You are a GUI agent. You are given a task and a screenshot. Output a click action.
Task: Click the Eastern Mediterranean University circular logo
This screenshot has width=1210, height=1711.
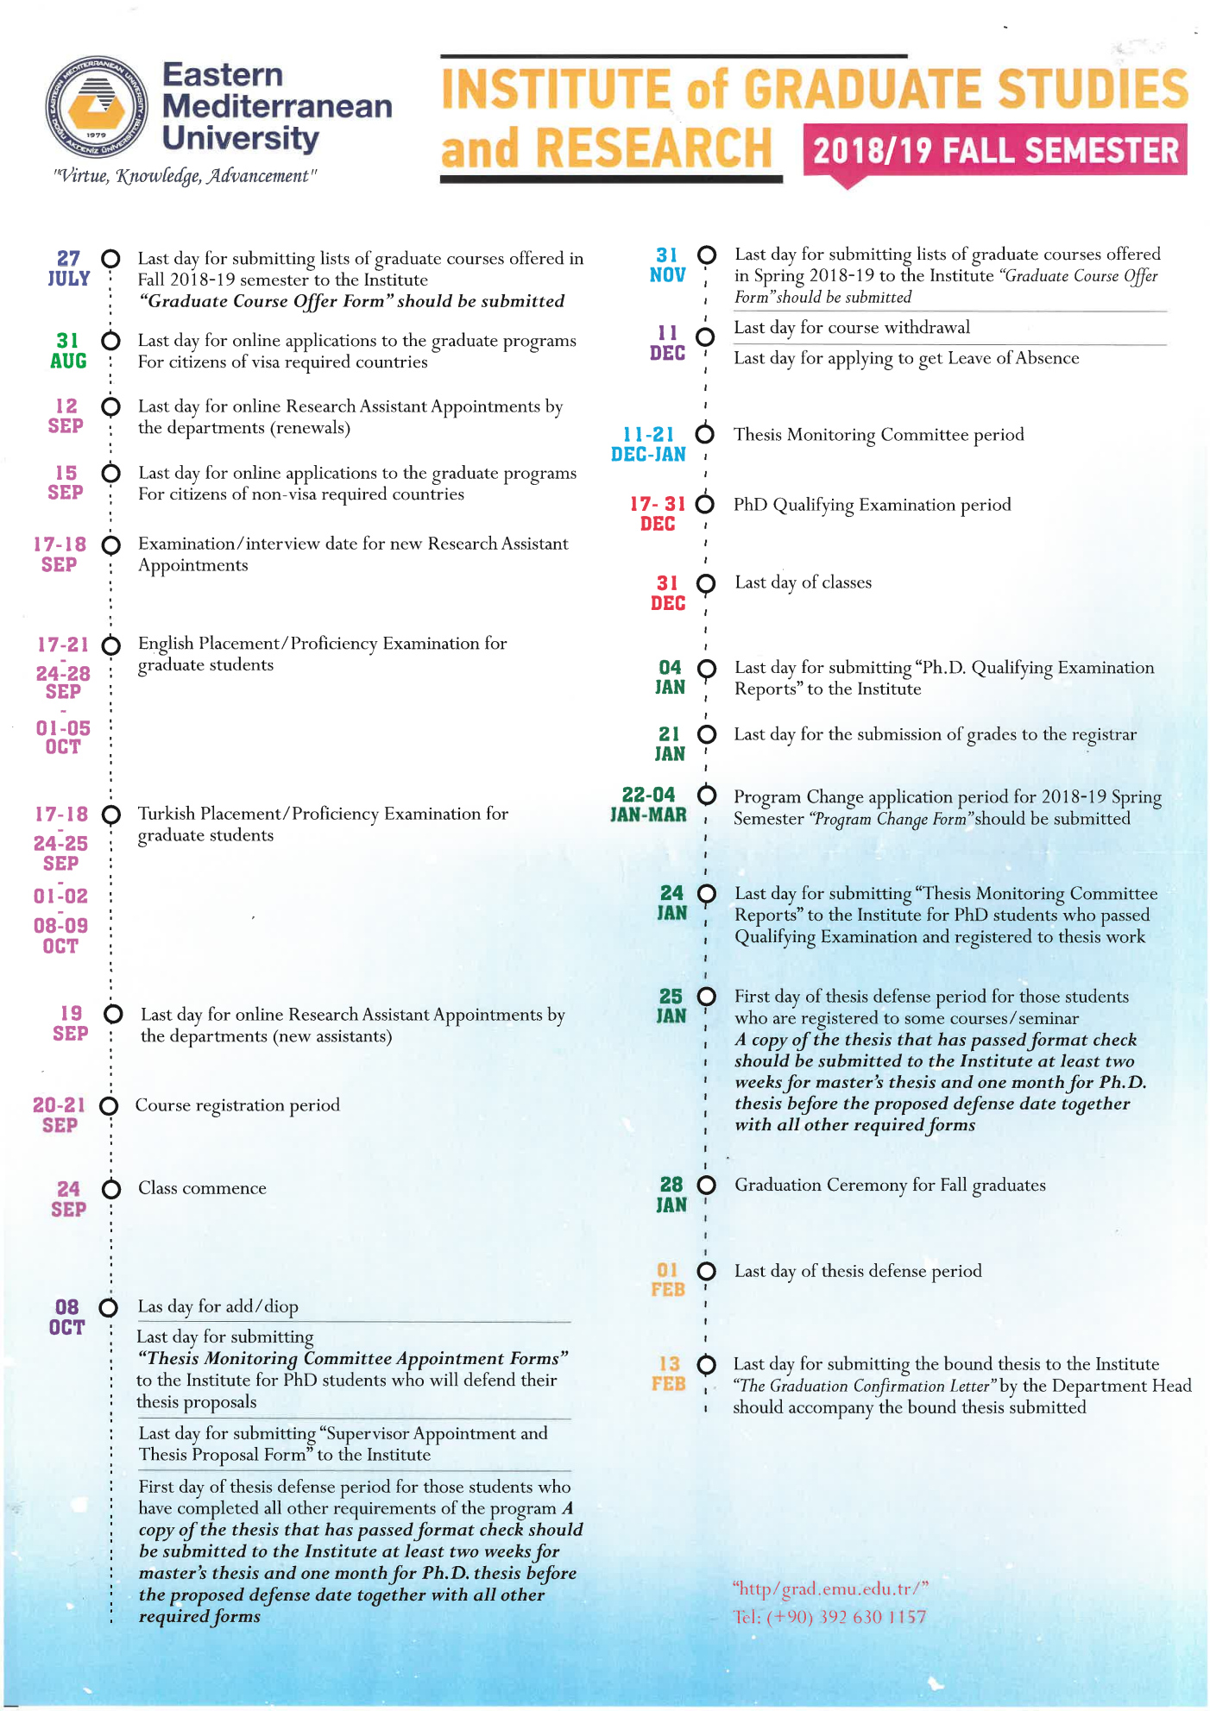click(x=97, y=107)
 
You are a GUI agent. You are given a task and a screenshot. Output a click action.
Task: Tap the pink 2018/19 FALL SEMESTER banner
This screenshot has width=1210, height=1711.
click(x=994, y=150)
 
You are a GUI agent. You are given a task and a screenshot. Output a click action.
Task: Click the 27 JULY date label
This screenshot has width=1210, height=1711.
click(x=69, y=268)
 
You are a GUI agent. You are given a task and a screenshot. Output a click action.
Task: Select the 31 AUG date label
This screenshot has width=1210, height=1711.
click(x=68, y=351)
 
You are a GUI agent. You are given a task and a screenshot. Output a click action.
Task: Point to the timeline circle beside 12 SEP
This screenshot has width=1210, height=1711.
click(x=110, y=406)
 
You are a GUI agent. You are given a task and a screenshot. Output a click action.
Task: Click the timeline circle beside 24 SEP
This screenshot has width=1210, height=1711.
click(x=111, y=1190)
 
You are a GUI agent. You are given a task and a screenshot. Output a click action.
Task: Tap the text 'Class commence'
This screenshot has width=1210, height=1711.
click(x=202, y=1188)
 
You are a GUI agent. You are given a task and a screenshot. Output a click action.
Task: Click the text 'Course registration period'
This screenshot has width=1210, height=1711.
click(x=237, y=1105)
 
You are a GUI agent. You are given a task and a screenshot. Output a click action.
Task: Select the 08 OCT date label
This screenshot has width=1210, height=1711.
click(x=66, y=1318)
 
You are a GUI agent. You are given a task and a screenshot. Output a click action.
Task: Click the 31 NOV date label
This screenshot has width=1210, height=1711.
click(x=667, y=265)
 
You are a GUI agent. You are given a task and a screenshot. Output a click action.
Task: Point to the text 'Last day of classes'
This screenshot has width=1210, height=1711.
click(x=803, y=582)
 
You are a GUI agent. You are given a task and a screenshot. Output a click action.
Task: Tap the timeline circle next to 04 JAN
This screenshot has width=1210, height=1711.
click(x=706, y=669)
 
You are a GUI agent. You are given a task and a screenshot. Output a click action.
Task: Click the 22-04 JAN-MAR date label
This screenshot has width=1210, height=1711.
click(x=648, y=805)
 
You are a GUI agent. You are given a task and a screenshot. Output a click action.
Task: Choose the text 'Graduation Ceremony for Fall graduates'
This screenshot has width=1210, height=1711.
click(x=890, y=1186)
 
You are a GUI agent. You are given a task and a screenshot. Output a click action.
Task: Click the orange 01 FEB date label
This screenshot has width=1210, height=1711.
click(x=667, y=1280)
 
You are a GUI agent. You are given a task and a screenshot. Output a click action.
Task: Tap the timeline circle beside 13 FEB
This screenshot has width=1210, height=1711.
click(x=706, y=1364)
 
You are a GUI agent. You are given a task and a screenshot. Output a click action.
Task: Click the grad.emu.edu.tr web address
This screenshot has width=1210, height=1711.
click(x=830, y=1588)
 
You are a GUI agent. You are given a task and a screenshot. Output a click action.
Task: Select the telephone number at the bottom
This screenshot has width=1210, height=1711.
click(x=829, y=1617)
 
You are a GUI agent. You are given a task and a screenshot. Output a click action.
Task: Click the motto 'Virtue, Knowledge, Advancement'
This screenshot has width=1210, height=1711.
click(x=185, y=176)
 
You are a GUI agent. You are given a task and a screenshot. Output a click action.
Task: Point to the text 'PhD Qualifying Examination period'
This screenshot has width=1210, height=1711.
click(x=872, y=505)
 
